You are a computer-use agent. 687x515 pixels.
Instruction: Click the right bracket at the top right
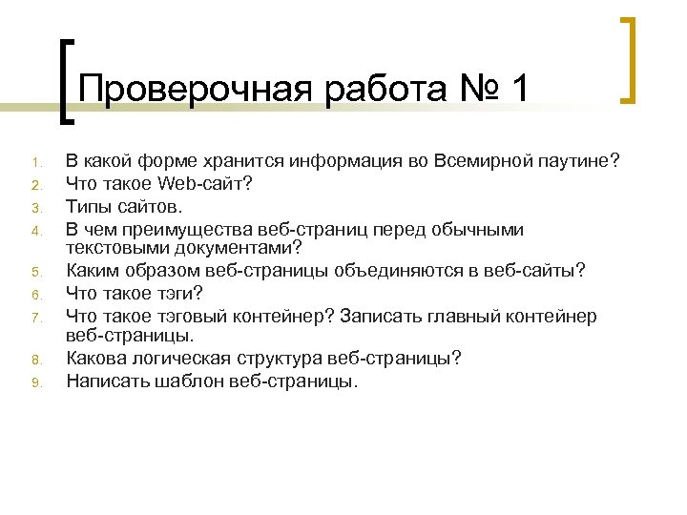pos(628,59)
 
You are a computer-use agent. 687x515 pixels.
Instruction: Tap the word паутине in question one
pos(573,159)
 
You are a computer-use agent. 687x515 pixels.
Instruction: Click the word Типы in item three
pos(87,204)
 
